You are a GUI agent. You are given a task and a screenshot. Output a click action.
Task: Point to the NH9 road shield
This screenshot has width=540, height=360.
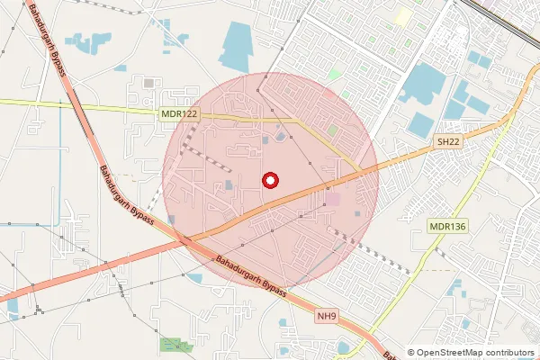(326, 316)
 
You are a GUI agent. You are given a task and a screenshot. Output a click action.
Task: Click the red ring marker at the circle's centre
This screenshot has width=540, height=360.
(269, 180)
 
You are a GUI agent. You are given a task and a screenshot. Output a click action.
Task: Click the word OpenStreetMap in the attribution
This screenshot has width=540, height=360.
(450, 352)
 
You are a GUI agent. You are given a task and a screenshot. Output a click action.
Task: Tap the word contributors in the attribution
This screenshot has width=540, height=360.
(509, 352)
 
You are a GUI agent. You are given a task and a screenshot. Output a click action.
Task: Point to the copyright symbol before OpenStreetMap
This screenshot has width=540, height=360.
(411, 352)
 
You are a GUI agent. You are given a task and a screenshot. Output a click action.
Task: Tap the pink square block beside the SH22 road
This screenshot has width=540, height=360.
(332, 198)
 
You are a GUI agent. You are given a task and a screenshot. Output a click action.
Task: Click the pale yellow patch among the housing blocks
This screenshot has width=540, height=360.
(401, 16)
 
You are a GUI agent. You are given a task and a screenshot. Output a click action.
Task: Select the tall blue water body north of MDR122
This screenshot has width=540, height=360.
(236, 47)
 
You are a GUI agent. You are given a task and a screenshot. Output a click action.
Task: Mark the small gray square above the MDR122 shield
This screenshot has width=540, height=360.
(149, 83)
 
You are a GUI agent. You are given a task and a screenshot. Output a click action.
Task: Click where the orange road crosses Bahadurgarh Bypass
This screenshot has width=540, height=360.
(184, 239)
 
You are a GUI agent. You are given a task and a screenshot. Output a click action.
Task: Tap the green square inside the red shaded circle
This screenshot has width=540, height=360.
(332, 131)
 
